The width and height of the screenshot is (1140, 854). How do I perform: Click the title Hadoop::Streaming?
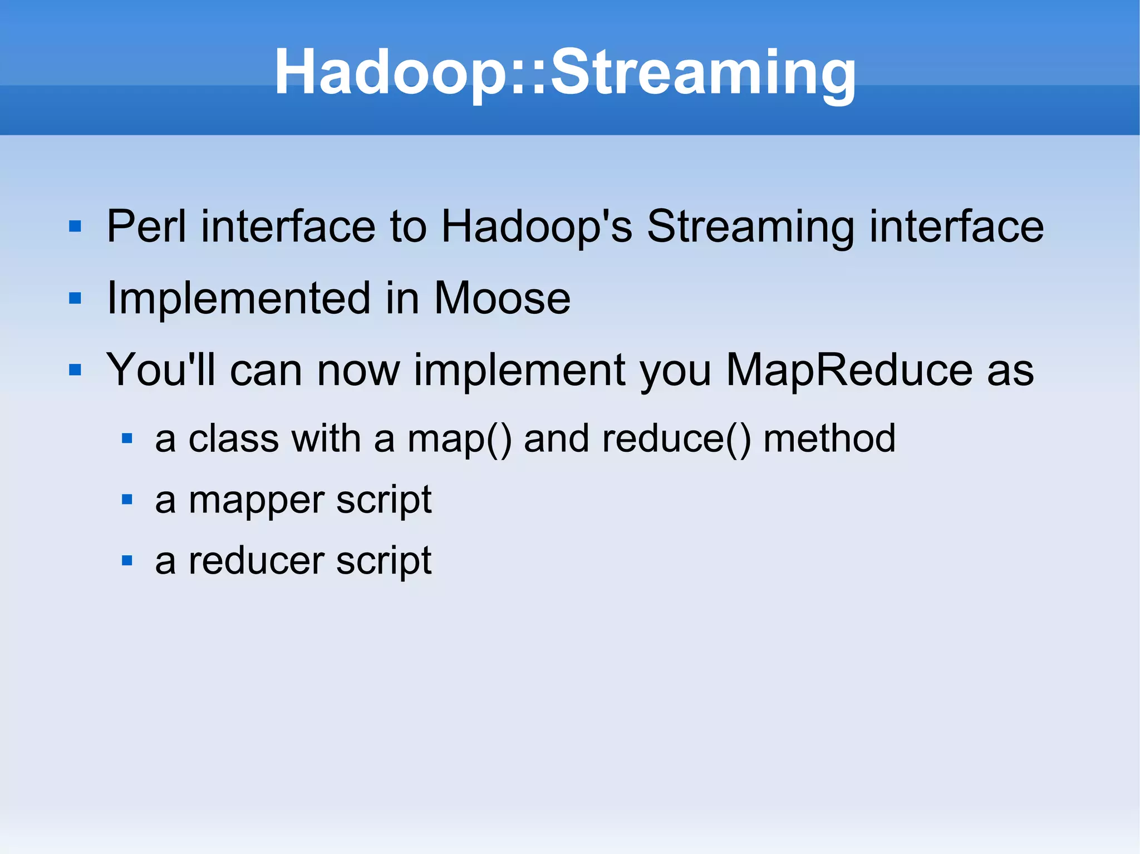click(565, 72)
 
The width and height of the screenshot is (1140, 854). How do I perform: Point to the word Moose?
click(502, 298)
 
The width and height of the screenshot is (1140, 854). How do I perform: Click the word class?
click(233, 438)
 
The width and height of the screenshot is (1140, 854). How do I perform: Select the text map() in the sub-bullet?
click(459, 440)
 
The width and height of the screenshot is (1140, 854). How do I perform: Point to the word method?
click(829, 438)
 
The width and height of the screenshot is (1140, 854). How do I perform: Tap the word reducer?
click(256, 561)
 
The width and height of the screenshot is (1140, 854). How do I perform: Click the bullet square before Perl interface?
click(75, 226)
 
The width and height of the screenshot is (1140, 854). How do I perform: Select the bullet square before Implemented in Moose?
click(75, 299)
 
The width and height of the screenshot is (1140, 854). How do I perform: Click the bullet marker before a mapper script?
click(127, 500)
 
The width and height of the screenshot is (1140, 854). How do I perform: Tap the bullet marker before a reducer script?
click(127, 560)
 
